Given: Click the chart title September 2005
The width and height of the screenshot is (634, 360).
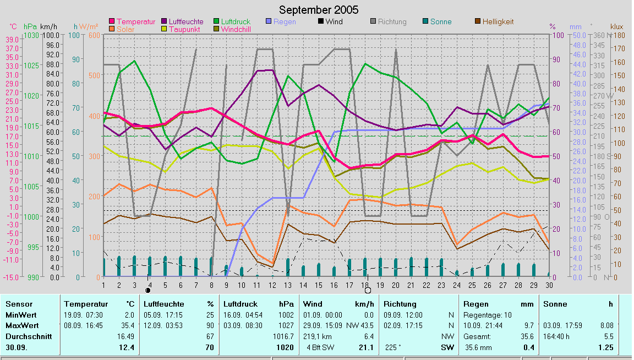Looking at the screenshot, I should pyautogui.click(x=318, y=10).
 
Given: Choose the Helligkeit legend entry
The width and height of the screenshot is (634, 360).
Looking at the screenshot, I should pyautogui.click(x=498, y=21).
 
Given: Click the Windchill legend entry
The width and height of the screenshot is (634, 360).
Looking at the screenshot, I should pyautogui.click(x=236, y=29).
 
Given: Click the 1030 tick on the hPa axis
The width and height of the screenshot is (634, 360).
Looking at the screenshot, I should pyautogui.click(x=31, y=35).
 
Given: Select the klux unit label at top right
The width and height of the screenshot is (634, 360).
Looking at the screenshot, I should pyautogui.click(x=616, y=26).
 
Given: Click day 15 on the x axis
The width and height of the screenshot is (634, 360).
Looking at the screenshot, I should pyautogui.click(x=319, y=285).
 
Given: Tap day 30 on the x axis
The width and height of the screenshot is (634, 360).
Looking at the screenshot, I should pyautogui.click(x=549, y=285).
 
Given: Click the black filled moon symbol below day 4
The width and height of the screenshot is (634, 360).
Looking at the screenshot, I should pyautogui.click(x=147, y=290).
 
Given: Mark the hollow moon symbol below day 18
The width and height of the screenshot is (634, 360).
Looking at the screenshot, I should pyautogui.click(x=368, y=290).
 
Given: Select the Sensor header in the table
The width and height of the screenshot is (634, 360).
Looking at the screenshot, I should pyautogui.click(x=19, y=304).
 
